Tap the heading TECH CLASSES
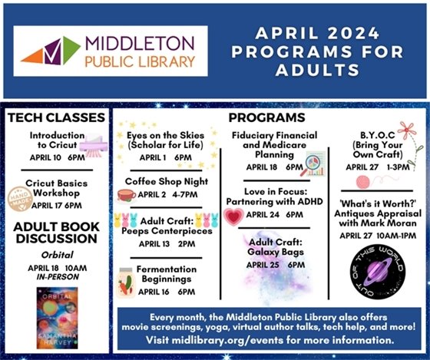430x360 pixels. coord(55,117)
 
